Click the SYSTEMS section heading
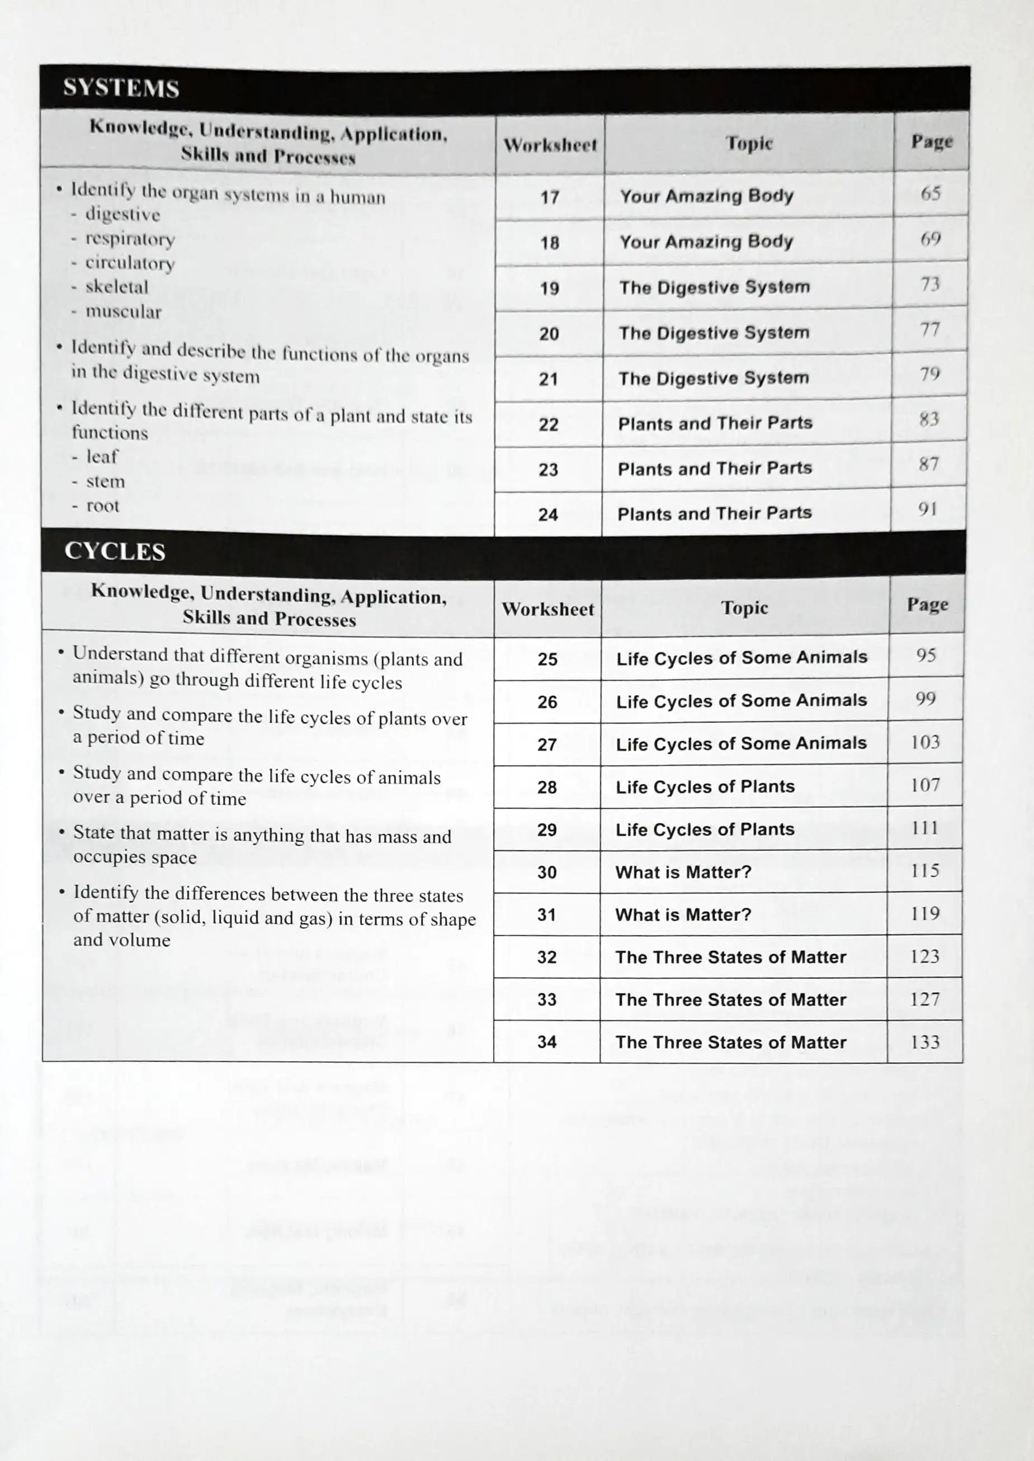click(121, 88)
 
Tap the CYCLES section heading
click(115, 551)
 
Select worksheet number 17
click(550, 197)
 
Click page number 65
click(930, 193)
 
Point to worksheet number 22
click(548, 424)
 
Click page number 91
click(928, 509)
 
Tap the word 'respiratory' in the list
click(130, 239)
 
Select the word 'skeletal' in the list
click(116, 287)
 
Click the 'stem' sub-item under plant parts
click(106, 482)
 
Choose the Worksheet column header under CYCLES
click(547, 610)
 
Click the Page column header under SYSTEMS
click(932, 141)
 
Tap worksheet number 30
click(547, 872)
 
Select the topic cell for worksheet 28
click(705, 787)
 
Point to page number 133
click(924, 1042)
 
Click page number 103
click(925, 742)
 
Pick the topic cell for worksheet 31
click(683, 915)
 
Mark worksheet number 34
click(547, 1042)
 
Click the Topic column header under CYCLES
click(744, 608)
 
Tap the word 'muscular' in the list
click(124, 312)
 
